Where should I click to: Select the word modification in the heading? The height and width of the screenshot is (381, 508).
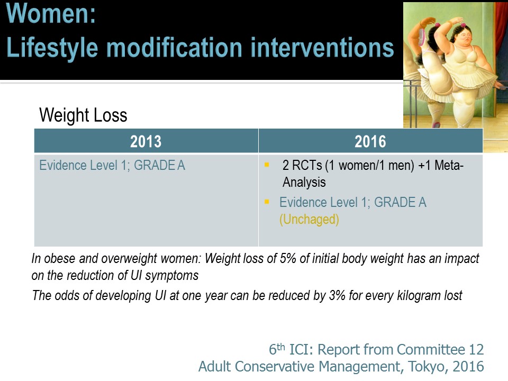pyautogui.click(x=174, y=48)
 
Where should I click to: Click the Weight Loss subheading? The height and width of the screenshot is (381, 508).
pyautogui.click(x=83, y=115)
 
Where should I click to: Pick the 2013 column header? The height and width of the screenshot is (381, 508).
pyautogui.click(x=146, y=142)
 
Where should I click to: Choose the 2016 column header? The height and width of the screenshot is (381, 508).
pyautogui.click(x=370, y=142)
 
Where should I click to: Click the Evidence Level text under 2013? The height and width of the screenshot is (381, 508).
pyautogui.click(x=112, y=166)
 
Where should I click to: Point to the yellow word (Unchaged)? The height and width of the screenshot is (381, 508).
pyautogui.click(x=309, y=220)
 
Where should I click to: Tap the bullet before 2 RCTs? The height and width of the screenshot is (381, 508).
pyautogui.click(x=267, y=165)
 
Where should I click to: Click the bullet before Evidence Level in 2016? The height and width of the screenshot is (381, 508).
pyautogui.click(x=267, y=202)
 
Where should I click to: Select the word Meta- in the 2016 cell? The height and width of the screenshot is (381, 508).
pyautogui.click(x=449, y=165)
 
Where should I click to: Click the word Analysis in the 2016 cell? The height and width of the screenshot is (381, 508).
pyautogui.click(x=304, y=183)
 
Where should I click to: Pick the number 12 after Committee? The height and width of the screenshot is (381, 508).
pyautogui.click(x=476, y=350)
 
